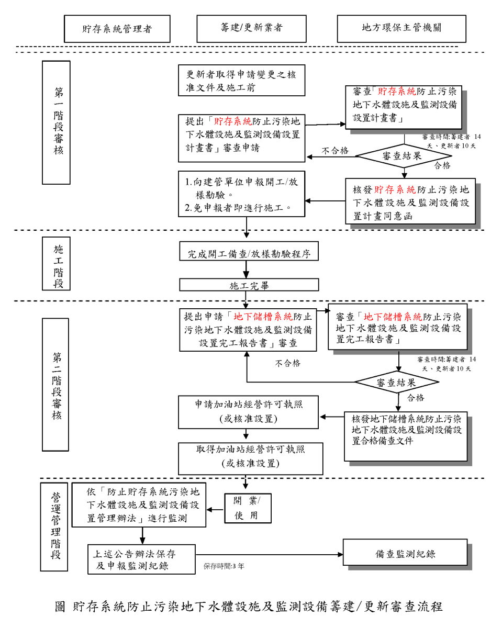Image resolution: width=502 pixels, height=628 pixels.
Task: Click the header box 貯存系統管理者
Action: [x=117, y=29]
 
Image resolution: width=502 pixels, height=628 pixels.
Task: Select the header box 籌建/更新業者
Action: [x=251, y=28]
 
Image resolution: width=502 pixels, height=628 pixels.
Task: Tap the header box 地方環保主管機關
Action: [x=401, y=28]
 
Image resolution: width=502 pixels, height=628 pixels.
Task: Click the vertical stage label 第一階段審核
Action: [x=56, y=122]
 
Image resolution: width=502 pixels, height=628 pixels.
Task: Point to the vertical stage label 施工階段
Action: [x=56, y=263]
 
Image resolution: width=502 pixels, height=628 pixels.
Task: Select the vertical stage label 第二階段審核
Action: [x=55, y=385]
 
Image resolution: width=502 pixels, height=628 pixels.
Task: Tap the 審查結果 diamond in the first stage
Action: [x=403, y=155]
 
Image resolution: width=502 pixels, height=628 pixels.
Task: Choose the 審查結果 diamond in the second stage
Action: [x=397, y=382]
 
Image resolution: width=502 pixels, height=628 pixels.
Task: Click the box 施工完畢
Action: [x=249, y=285]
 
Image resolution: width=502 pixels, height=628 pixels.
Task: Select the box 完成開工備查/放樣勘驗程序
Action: [x=249, y=254]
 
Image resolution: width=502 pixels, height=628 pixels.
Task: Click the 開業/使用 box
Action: [x=248, y=508]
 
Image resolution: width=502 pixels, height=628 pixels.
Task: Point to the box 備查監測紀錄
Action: [x=405, y=553]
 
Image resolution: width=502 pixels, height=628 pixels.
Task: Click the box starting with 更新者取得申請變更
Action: [x=241, y=81]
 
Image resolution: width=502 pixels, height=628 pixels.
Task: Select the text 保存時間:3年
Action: [x=224, y=566]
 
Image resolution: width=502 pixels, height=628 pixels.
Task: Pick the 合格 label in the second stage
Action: [x=416, y=398]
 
